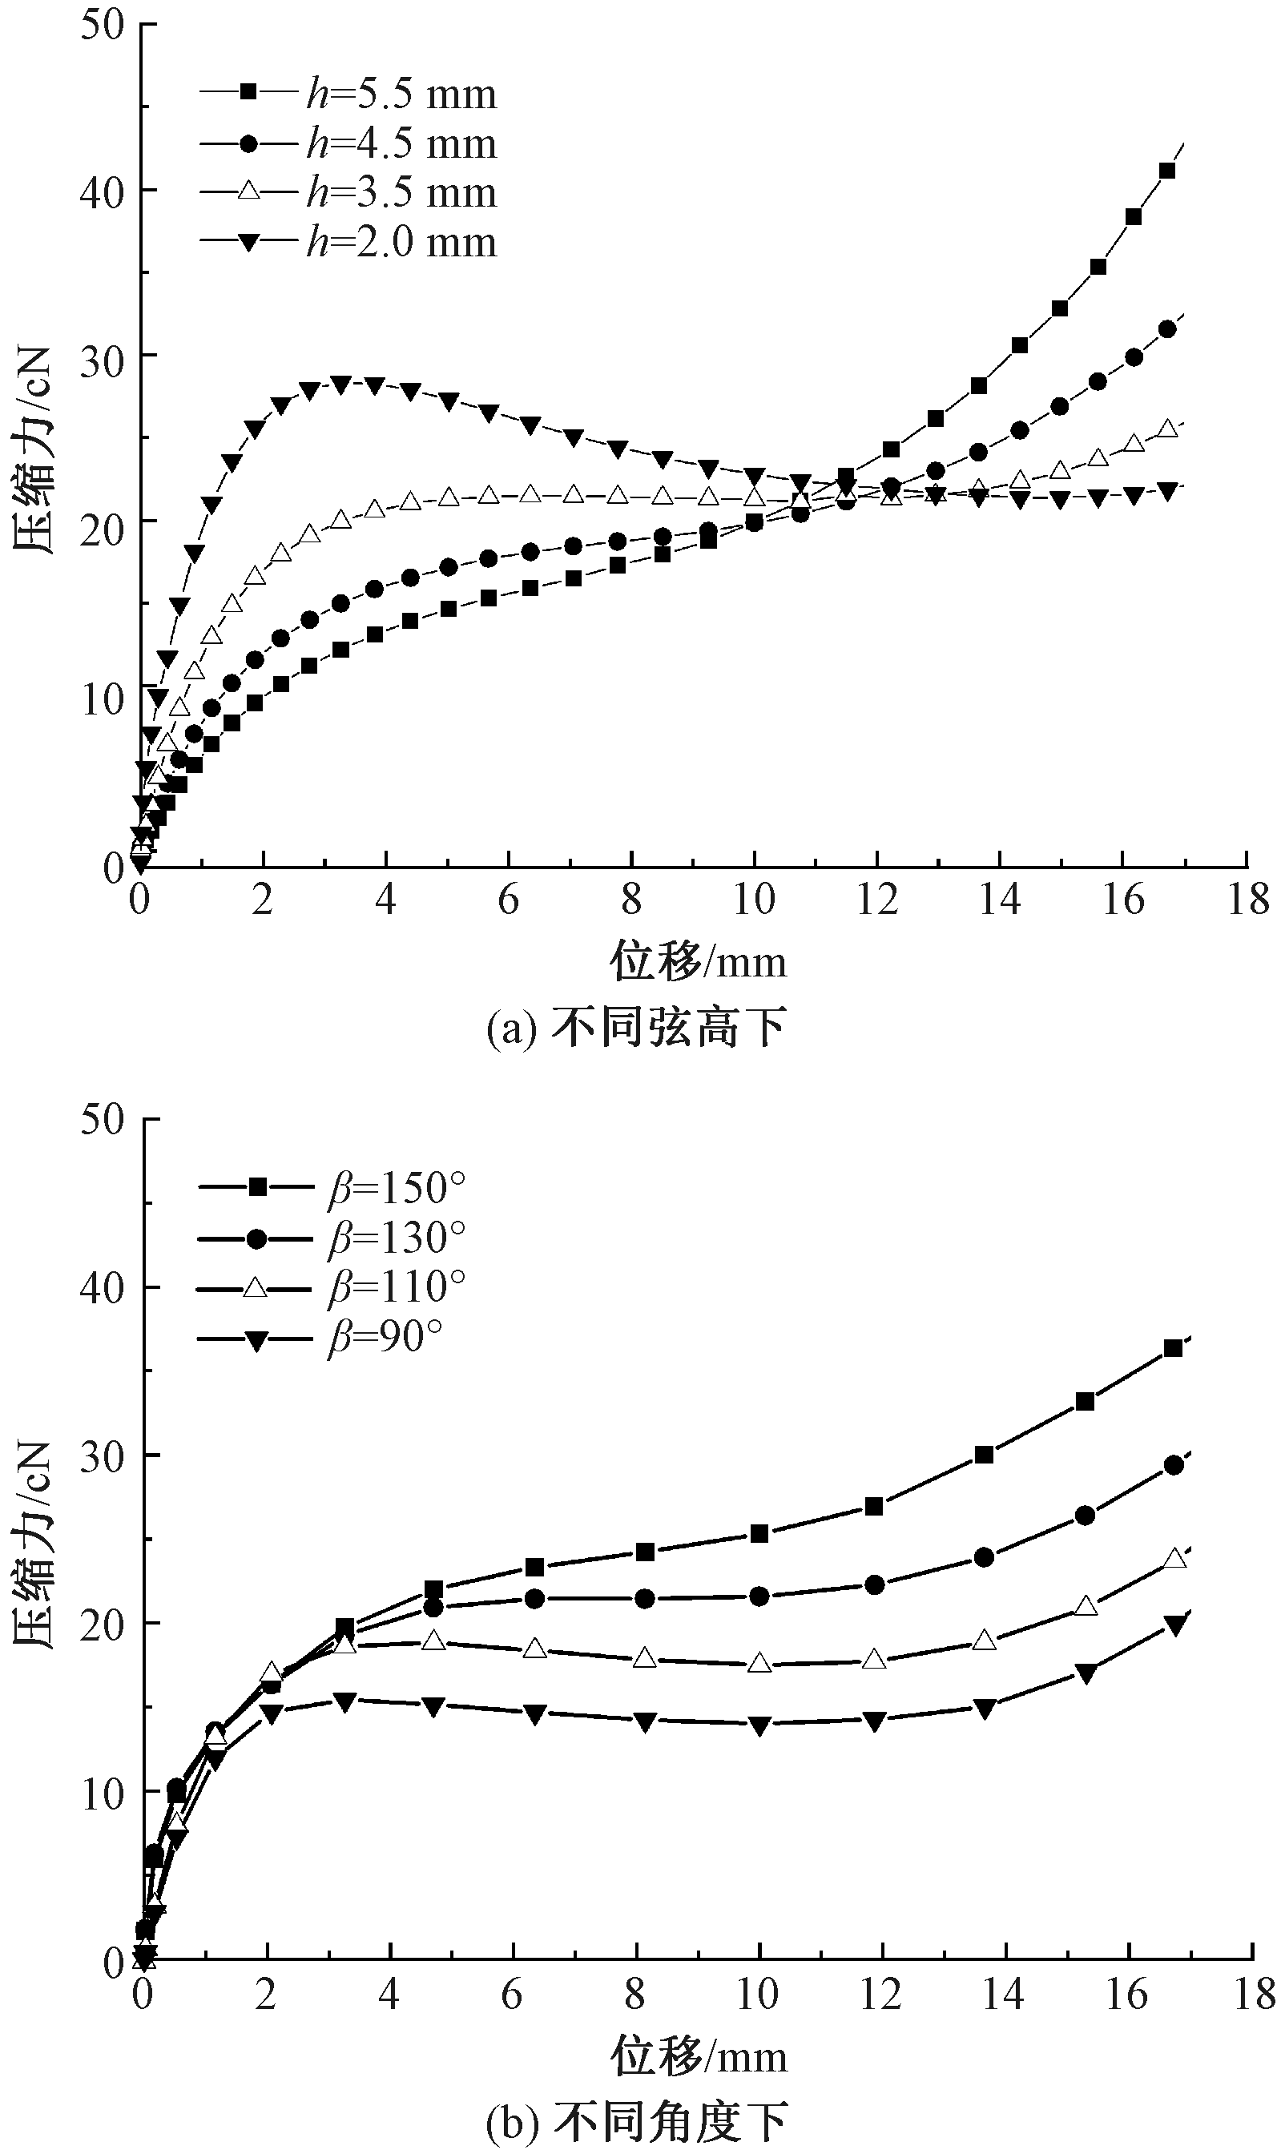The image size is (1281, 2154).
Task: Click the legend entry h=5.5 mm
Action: [x=348, y=93]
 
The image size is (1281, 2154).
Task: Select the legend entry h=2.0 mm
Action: [x=348, y=242]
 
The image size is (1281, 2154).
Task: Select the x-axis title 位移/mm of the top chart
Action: [x=699, y=960]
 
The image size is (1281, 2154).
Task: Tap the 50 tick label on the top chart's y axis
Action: [x=102, y=23]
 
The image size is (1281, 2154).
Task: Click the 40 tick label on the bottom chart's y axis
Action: [x=102, y=1287]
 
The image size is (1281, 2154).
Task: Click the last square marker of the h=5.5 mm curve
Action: [x=1167, y=171]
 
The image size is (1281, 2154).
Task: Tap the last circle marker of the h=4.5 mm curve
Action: [x=1167, y=328]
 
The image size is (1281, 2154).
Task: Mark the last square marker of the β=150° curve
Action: [x=1173, y=1348]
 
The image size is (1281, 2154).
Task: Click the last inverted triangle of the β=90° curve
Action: [x=1173, y=1625]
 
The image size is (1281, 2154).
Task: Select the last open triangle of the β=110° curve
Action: [x=1173, y=1559]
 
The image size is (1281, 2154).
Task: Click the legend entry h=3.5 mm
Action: [x=348, y=191]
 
